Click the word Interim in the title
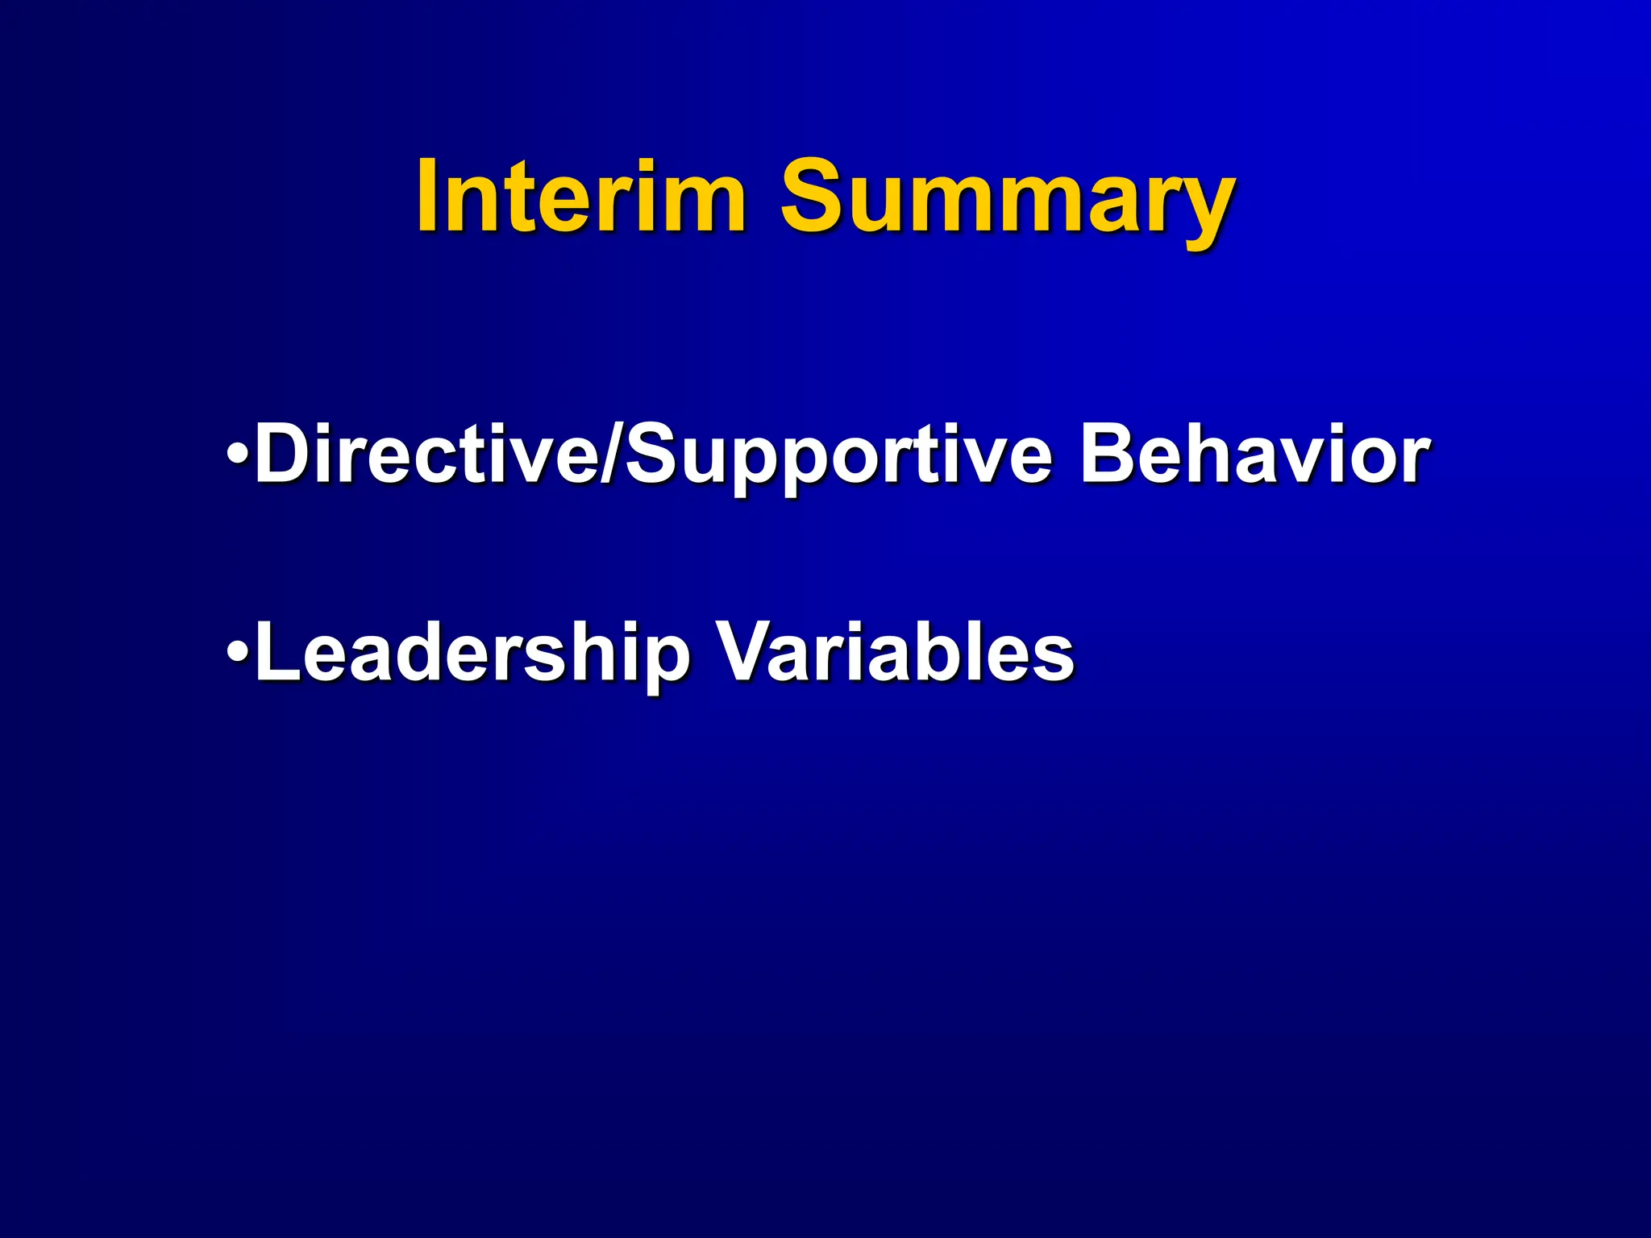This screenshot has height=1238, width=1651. tap(580, 196)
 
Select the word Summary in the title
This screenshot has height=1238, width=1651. tap(1006, 196)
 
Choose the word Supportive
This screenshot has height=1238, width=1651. tap(838, 458)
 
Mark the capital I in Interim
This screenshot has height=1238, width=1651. tap(429, 196)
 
